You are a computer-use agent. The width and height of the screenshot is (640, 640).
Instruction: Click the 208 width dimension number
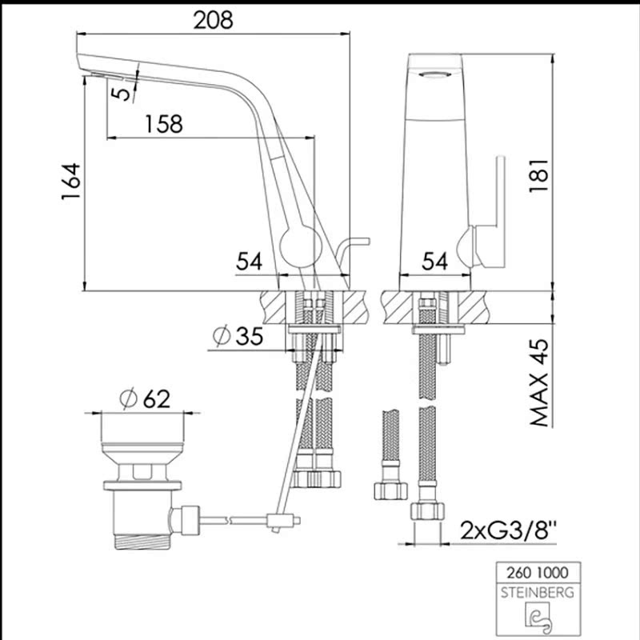click(213, 20)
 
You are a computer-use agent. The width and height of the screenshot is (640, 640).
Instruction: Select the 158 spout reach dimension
click(164, 124)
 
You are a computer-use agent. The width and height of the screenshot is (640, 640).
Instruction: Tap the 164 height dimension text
click(71, 182)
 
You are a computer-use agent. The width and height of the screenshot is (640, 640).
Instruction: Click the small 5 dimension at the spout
click(122, 93)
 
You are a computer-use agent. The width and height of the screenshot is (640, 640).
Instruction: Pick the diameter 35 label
click(238, 336)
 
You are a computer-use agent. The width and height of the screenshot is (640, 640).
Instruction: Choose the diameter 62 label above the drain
click(146, 398)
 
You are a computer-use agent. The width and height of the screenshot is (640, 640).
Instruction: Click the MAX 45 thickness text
click(539, 382)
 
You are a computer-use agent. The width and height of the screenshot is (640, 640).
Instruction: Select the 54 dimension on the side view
click(250, 262)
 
